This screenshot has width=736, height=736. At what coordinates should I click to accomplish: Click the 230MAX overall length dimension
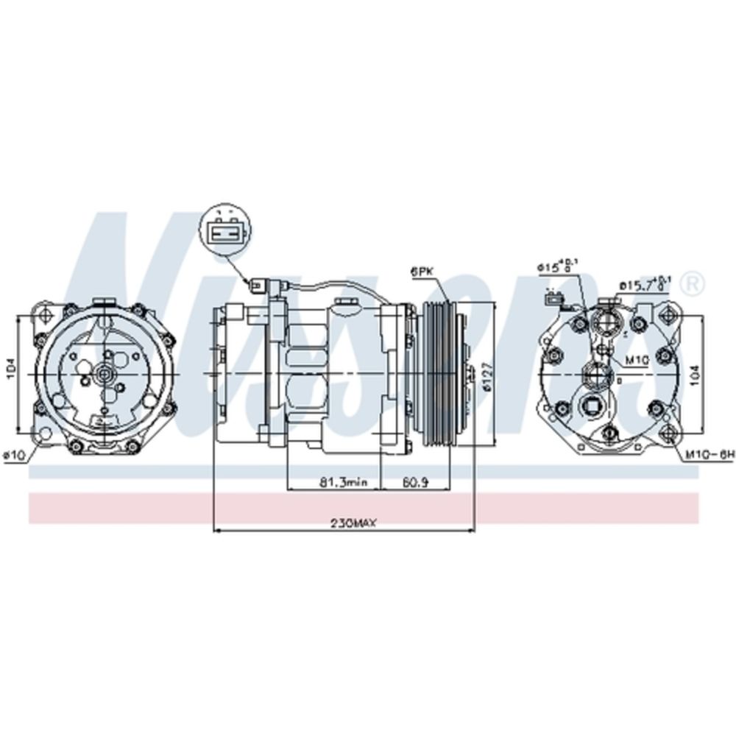pos(353,523)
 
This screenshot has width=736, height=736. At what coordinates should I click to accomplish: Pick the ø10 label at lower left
pos(15,456)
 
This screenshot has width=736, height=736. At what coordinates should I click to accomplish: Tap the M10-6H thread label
pos(710,456)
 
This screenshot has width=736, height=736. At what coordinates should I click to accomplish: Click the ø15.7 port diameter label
pos(643,283)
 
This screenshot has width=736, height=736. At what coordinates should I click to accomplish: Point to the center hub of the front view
pos(104,374)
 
